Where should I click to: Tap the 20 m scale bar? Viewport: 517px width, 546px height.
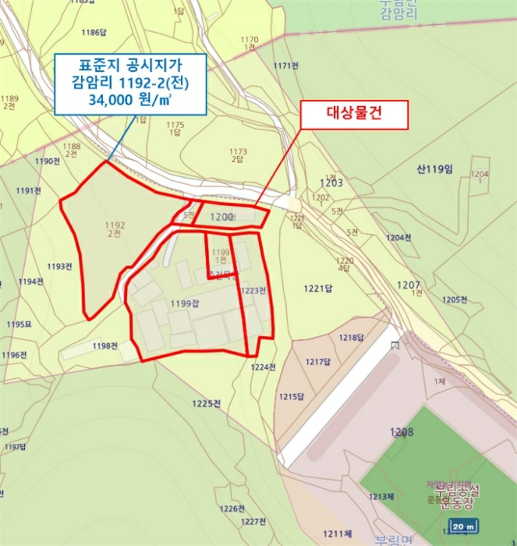[x=463, y=527]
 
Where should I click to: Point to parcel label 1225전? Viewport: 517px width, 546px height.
[x=206, y=403]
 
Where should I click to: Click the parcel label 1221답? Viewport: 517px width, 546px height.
[x=318, y=289]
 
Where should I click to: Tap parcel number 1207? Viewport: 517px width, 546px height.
[x=408, y=285]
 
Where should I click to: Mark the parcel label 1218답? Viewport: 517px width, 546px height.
[x=352, y=338]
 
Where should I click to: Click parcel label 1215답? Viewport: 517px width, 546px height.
[x=291, y=397]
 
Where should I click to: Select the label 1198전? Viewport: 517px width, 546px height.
[x=104, y=346]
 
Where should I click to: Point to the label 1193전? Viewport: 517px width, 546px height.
[x=59, y=267]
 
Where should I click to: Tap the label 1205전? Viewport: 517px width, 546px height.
[x=454, y=300]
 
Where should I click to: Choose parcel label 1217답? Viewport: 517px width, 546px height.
[x=318, y=362]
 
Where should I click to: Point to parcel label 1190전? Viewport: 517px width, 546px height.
[x=48, y=161]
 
